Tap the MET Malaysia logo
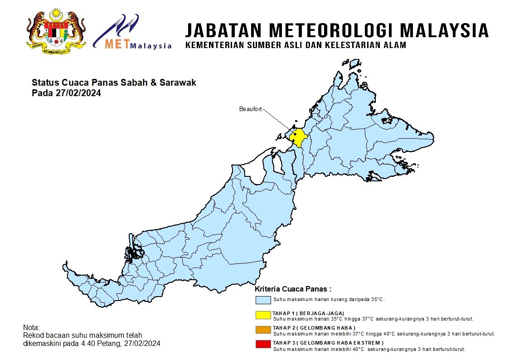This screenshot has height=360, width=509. click(132, 32)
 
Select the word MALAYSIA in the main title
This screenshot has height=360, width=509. click(445, 30)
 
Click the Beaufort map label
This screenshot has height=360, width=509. click(250, 109)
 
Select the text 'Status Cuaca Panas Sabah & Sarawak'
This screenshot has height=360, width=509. click(114, 83)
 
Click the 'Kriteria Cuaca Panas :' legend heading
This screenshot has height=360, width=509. click(293, 289)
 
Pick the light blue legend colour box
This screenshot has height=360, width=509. click(263, 300)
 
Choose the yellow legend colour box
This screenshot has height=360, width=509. click(263, 315)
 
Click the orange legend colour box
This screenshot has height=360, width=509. click(263, 330)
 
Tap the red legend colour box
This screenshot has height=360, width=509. click(263, 345)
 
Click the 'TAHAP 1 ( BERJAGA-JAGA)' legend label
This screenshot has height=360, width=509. click(308, 313)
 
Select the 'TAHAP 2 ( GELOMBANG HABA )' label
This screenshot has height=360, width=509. click(314, 328)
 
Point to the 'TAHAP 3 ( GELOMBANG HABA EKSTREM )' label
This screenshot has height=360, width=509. click(328, 343)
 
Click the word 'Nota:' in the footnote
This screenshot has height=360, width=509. click(31, 327)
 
